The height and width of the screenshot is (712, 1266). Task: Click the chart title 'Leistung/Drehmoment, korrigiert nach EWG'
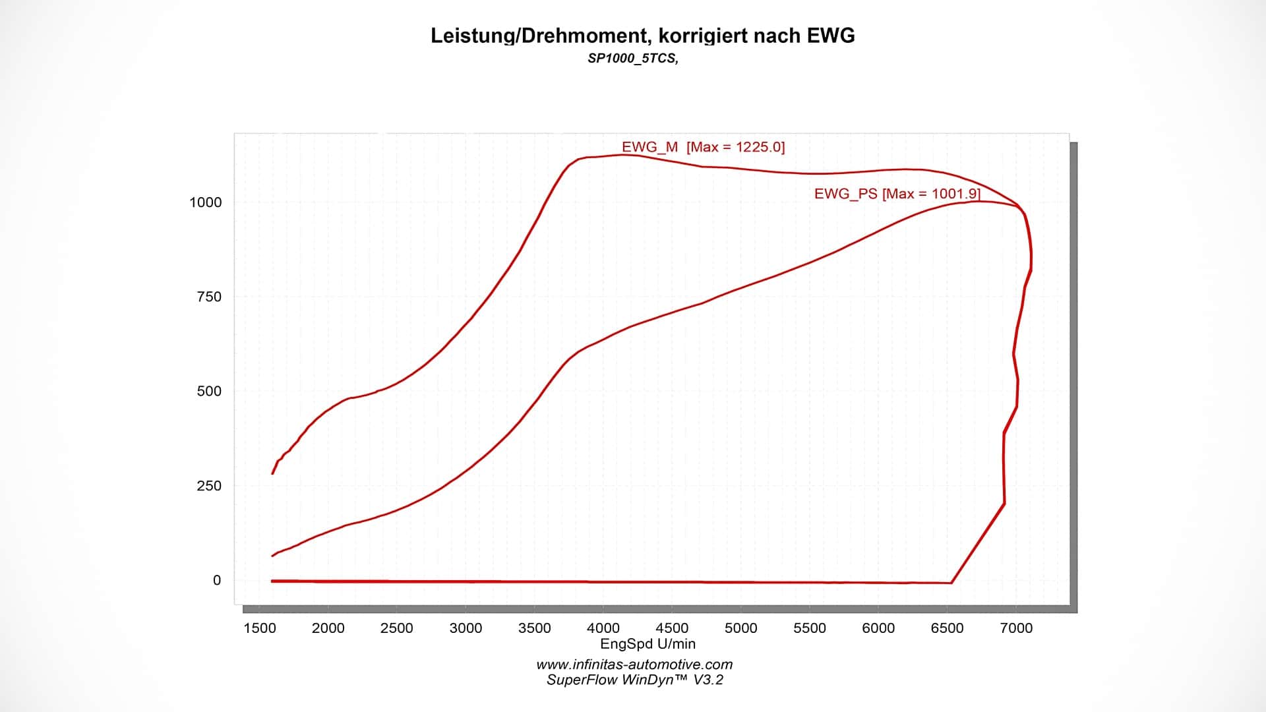click(642, 36)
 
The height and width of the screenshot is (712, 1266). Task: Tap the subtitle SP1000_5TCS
click(632, 58)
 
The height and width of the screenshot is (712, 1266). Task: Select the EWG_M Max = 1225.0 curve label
click(703, 147)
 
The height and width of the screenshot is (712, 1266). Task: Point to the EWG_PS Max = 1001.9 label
click(897, 194)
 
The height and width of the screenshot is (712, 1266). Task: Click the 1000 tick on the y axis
click(206, 202)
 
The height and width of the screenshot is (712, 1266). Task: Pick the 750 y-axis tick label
click(209, 297)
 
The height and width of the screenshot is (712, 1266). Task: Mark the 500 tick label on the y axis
click(209, 391)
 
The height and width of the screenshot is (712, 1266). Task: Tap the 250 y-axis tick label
click(209, 486)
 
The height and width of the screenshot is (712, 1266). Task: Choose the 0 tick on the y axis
click(217, 580)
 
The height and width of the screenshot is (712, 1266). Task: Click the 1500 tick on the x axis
click(260, 628)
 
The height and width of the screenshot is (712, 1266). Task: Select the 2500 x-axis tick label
click(397, 628)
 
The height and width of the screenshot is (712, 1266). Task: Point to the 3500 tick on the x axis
click(534, 628)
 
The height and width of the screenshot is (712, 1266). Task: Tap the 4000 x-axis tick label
click(603, 628)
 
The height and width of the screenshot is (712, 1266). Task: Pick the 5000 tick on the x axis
click(740, 628)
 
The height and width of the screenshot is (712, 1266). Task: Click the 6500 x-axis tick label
click(947, 628)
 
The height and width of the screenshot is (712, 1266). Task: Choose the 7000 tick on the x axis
click(1016, 628)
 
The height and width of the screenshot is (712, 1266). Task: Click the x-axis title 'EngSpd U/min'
click(648, 644)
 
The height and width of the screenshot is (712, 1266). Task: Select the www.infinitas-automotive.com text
click(634, 665)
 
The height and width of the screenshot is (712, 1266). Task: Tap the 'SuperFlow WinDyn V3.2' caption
click(634, 680)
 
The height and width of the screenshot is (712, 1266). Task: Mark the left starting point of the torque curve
click(272, 473)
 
